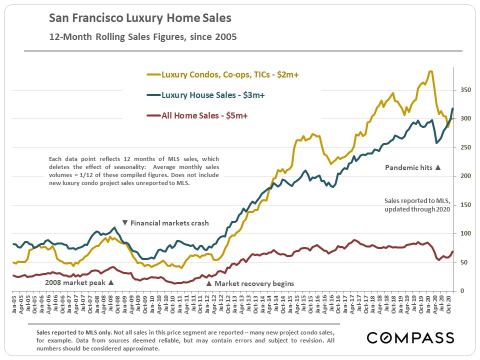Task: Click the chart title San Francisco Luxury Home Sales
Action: [140, 18]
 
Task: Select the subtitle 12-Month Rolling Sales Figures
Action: [142, 36]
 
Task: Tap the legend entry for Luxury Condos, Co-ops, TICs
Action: [226, 75]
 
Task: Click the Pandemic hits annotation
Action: [413, 168]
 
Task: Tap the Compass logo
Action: [410, 337]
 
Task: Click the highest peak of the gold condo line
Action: [430, 71]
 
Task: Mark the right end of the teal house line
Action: [453, 108]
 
